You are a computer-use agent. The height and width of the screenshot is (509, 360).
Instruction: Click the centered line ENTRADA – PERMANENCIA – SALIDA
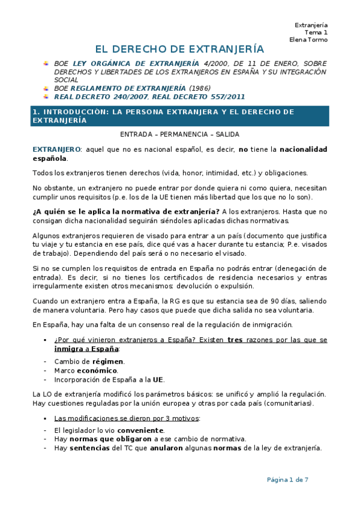click(x=180, y=134)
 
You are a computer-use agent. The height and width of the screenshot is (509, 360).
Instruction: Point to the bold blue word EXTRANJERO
click(x=56, y=149)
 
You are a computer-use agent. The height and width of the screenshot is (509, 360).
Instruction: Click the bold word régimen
click(x=107, y=361)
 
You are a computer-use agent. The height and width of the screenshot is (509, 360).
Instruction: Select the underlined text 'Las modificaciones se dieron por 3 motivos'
click(x=126, y=418)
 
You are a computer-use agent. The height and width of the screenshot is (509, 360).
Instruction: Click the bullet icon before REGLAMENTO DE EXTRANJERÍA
click(x=46, y=88)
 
